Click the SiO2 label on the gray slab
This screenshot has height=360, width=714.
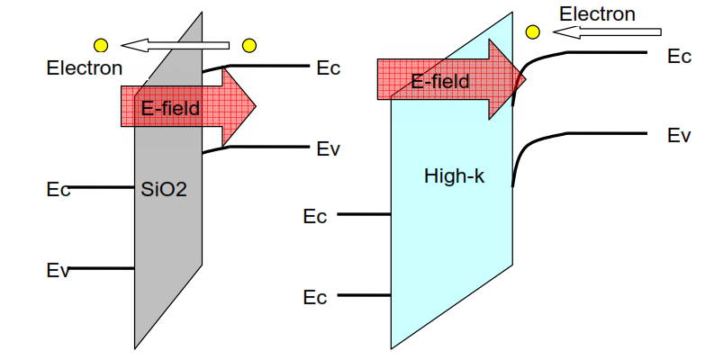pos(164,190)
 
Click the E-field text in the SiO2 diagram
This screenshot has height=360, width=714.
pos(170,109)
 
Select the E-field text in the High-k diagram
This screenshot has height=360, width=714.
pos(440,82)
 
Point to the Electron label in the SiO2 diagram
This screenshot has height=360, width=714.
pos(85,67)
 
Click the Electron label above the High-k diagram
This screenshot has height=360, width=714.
pos(597,13)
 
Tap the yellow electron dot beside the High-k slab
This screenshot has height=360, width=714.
pos(533,32)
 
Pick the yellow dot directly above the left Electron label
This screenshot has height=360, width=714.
pos(101,45)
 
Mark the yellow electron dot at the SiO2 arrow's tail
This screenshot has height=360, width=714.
pos(249,45)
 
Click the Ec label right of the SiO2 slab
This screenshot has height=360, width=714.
pos(329,67)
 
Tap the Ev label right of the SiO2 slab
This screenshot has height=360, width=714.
pos(329,148)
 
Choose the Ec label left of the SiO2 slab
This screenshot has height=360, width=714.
pos(59,189)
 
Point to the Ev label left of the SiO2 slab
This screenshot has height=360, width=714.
pos(59,269)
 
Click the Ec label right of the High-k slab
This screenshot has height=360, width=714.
pos(679,56)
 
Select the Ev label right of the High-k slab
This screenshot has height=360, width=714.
pos(679,136)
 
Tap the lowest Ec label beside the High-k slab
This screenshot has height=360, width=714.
pos(315,297)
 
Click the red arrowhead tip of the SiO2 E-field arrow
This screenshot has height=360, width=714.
pos(256,106)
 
